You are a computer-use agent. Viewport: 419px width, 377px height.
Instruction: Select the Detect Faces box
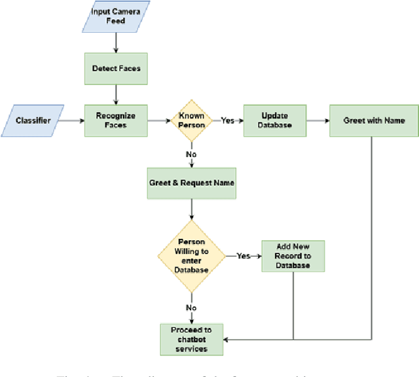(116, 68)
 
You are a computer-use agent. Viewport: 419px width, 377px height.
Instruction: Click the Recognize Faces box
(116, 120)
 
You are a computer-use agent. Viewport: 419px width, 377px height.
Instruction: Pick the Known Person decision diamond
(192, 120)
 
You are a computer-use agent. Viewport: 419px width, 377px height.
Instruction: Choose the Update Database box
(275, 120)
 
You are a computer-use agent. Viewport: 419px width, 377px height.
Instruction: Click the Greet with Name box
(374, 120)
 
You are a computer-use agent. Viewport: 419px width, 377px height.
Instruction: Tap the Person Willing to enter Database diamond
(192, 256)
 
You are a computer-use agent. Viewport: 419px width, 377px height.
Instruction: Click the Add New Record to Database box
(293, 256)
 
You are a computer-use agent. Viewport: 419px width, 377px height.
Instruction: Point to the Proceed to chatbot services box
(192, 339)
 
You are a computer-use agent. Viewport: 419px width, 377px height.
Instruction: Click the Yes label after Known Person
(227, 120)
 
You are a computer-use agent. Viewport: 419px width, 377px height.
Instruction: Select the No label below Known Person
(191, 155)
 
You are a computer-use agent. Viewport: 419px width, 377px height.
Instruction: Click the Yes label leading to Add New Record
(244, 256)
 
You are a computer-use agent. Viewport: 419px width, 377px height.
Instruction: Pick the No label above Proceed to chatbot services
(191, 306)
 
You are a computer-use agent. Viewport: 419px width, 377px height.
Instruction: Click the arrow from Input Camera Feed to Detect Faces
(116, 42)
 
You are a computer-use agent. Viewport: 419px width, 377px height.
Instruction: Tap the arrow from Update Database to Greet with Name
(318, 120)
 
